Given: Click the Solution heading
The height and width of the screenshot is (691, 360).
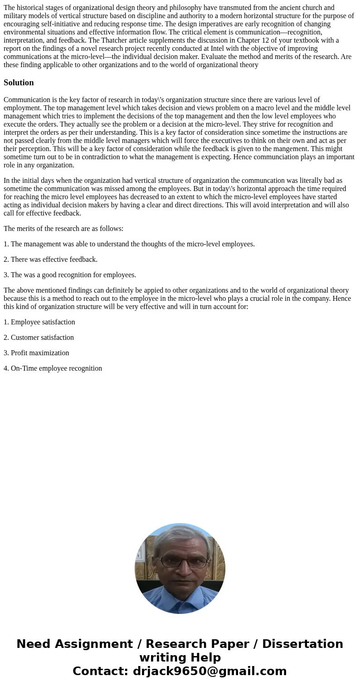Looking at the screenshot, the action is pos(19,83).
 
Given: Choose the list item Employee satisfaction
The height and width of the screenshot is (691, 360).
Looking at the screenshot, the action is pos(39,322).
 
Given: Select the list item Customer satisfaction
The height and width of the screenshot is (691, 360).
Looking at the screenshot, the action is pos(39,338).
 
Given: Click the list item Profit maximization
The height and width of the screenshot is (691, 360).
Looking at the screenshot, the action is pos(36,353).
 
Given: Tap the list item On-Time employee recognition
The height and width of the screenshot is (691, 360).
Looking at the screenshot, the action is pos(53,368).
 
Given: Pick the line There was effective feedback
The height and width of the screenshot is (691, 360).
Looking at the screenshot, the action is pos(50,260).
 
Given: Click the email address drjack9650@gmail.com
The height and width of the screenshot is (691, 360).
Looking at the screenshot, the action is pos(210,671).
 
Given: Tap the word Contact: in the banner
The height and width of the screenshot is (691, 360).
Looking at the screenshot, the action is pos(101,671).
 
